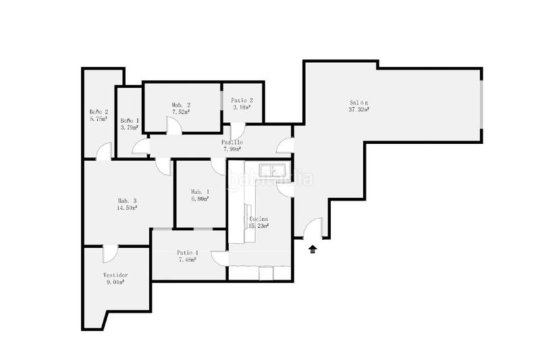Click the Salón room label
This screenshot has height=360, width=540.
[358, 101]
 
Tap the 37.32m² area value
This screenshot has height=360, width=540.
[358, 109]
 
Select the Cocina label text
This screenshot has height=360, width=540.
[259, 219]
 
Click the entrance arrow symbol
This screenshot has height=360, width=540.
[313, 249]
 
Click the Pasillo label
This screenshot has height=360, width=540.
[232, 143]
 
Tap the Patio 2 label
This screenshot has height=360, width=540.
[242, 100]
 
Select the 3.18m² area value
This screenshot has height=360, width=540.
[242, 107]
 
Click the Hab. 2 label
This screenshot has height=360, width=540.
[181, 105]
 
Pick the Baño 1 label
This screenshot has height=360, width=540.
[130, 120]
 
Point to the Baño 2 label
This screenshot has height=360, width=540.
[99, 111]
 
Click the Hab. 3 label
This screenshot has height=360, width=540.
[127, 201]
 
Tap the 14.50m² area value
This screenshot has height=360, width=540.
[127, 208]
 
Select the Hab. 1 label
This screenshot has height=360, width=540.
[199, 191]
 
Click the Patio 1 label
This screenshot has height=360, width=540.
[188, 252]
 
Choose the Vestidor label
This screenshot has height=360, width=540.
[115, 275]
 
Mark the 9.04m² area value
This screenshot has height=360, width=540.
[115, 283]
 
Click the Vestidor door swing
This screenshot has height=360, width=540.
[108, 254]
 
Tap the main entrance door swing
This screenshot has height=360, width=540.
[313, 230]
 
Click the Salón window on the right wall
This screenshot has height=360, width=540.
[482, 105]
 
